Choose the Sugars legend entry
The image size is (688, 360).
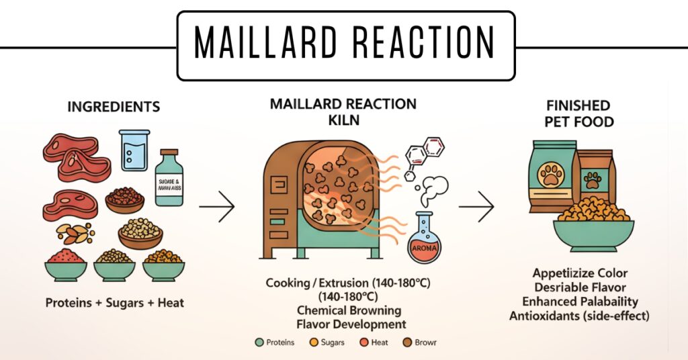coord(328,343)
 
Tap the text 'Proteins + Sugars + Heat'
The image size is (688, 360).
coord(115,303)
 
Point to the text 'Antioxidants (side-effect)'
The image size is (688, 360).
coord(580,316)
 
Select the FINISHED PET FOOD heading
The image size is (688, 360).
coord(578,114)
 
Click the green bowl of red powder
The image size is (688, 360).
coord(65,265)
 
